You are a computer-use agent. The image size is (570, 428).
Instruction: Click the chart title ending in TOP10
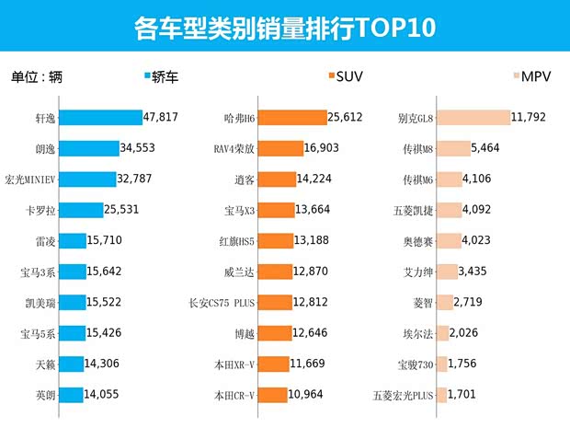pyautogui.click(x=284, y=28)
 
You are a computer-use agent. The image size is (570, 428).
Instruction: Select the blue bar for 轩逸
pyautogui.click(x=106, y=117)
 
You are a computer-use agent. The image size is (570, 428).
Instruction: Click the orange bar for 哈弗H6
pyautogui.click(x=293, y=117)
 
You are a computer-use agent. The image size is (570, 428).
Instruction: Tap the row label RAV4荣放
pyautogui.click(x=233, y=149)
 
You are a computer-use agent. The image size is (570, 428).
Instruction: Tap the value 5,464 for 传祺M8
pyautogui.click(x=484, y=148)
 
